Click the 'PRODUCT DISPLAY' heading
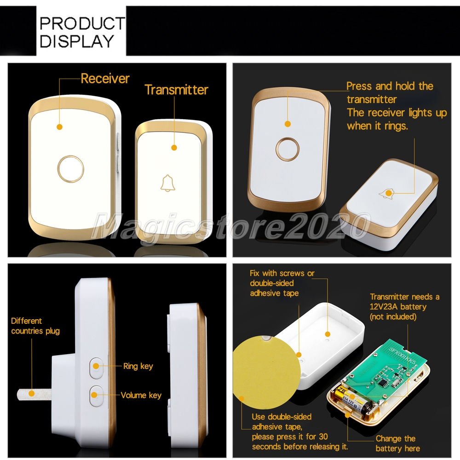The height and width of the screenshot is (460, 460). pyautogui.click(x=82, y=32)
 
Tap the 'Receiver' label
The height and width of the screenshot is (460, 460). pyautogui.click(x=105, y=79)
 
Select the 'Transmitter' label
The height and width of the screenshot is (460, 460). pyautogui.click(x=176, y=90)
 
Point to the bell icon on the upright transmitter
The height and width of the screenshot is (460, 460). pyautogui.click(x=167, y=184)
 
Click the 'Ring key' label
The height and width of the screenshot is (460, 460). pyautogui.click(x=138, y=366)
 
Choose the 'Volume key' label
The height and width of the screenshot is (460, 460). pyautogui.click(x=141, y=395)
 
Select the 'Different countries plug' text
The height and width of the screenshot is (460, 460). pyautogui.click(x=35, y=326)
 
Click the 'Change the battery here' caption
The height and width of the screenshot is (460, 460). pyautogui.click(x=397, y=443)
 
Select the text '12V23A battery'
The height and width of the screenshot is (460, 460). pyautogui.click(x=398, y=306)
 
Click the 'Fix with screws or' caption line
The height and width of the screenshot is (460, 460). pyautogui.click(x=282, y=273)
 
